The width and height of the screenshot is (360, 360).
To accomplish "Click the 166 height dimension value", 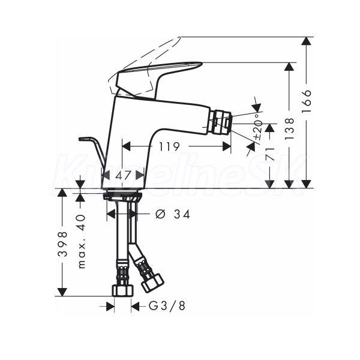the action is point(307,101).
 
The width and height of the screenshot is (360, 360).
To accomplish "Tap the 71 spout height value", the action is point(270,154).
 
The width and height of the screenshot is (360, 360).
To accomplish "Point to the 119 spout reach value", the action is point(169,146).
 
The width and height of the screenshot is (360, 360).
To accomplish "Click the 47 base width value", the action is point(123,176).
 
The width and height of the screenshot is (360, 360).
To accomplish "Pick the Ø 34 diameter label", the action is point(173,214).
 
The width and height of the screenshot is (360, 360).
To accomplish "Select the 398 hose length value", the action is point(62,244).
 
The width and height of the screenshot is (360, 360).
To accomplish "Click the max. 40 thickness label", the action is point(82,241).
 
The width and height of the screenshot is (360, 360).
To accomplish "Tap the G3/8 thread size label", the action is point(167,306).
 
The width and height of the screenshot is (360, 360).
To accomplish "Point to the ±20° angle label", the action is point(258,126).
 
